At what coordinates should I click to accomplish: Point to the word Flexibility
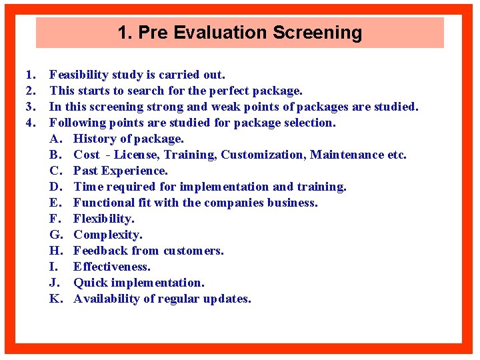point(103,219)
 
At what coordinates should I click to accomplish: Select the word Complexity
point(107,235)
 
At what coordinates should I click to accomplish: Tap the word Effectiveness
point(112,267)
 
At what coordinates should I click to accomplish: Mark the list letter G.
point(55,235)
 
